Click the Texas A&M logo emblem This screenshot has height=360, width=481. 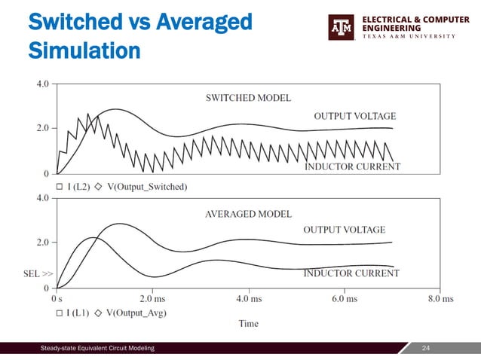pyautogui.click(x=342, y=27)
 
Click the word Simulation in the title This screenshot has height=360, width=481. pyautogui.click(x=84, y=51)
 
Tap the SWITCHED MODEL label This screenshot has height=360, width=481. pyautogui.click(x=248, y=97)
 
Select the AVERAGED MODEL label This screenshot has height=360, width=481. pyautogui.click(x=248, y=213)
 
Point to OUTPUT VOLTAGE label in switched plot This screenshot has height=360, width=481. pyautogui.click(x=354, y=116)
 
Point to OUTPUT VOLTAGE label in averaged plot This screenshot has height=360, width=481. pyautogui.click(x=344, y=230)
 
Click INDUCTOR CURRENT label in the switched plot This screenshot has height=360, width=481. pyautogui.click(x=351, y=166)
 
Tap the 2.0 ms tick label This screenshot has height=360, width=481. pyautogui.click(x=152, y=297)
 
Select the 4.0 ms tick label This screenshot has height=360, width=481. pyautogui.click(x=248, y=297)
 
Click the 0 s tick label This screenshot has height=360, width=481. pyautogui.click(x=57, y=297)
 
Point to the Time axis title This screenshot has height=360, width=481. pyautogui.click(x=248, y=323)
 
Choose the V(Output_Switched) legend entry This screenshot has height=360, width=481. pyautogui.click(x=146, y=186)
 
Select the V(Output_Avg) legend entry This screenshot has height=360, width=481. pyautogui.click(x=136, y=312)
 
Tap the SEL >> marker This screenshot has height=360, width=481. pyautogui.click(x=38, y=276)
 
